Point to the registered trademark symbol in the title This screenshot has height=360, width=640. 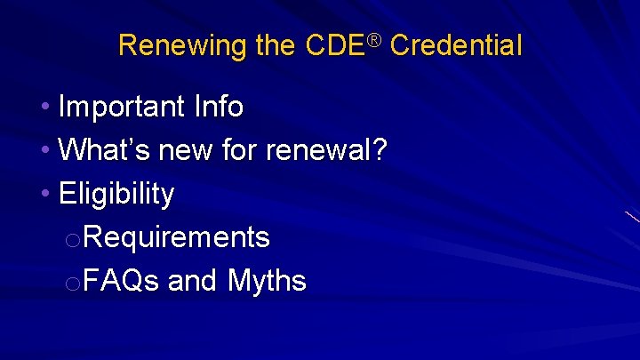tap(375, 39)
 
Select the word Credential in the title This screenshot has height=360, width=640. tap(455, 45)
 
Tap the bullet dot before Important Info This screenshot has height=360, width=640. tap(45, 108)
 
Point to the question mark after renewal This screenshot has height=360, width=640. tap(379, 150)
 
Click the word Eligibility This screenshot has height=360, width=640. tap(116, 194)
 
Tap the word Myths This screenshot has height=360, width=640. tap(267, 281)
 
